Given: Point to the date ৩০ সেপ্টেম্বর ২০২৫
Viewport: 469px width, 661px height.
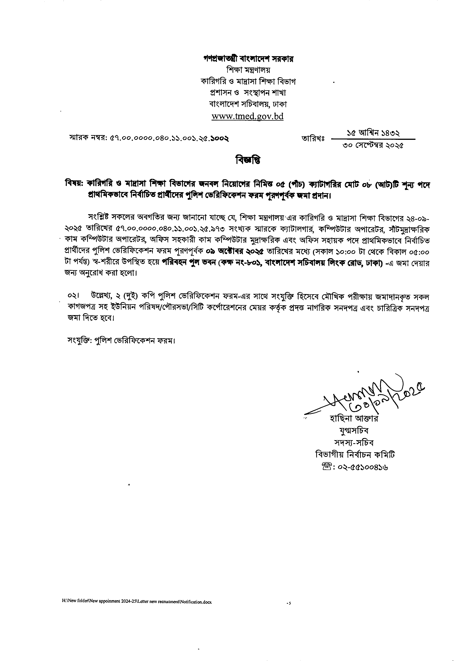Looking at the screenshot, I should point(373,146).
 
